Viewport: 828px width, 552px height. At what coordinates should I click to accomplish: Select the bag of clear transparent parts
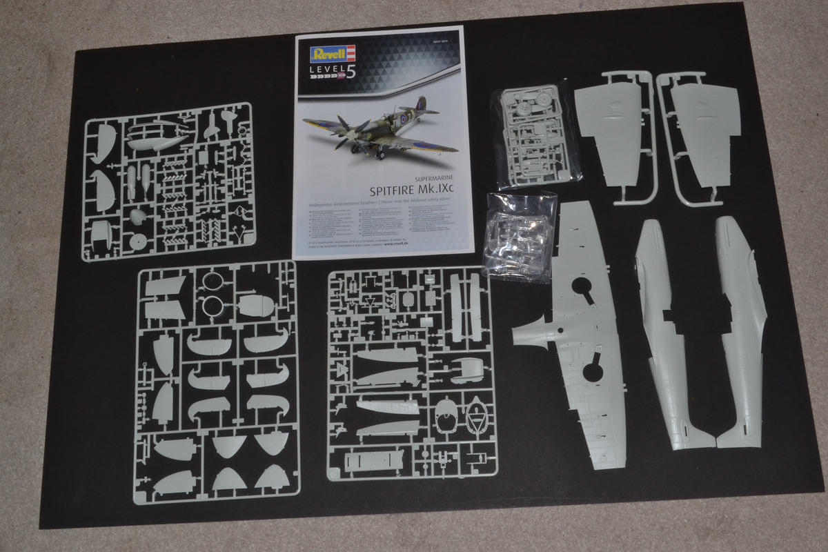tap(519, 235)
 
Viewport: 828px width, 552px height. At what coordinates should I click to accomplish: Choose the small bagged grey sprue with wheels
tap(535, 135)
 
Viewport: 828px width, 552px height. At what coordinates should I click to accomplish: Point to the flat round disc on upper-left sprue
tap(138, 241)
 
